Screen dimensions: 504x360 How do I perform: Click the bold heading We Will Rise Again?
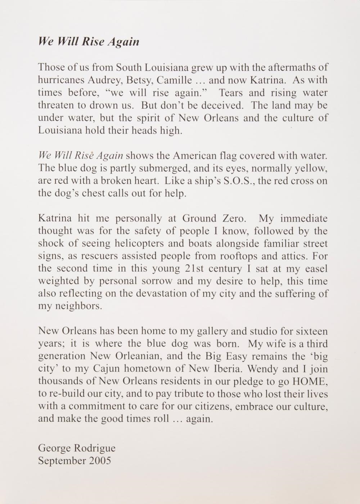coord(89,41)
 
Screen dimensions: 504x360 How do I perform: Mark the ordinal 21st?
coord(189,268)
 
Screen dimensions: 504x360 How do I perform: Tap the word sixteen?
coord(312,331)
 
